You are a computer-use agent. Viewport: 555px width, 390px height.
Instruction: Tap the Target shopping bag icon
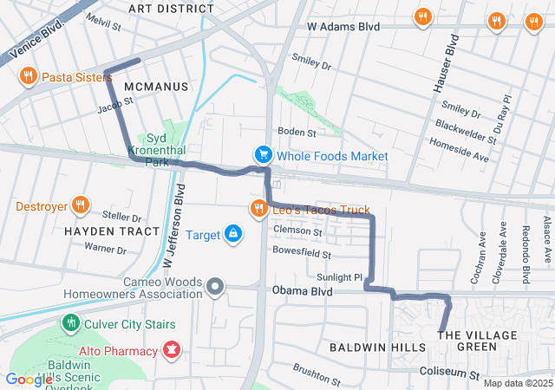pyautogui.click(x=233, y=234)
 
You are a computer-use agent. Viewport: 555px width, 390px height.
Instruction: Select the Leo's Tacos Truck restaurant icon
pyautogui.click(x=258, y=209)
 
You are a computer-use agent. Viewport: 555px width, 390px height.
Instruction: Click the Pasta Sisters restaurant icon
pyautogui.click(x=28, y=76)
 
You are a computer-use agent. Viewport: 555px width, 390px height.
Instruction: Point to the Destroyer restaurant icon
pyautogui.click(x=80, y=206)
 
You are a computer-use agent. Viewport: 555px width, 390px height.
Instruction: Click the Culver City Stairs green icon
pyautogui.click(x=71, y=324)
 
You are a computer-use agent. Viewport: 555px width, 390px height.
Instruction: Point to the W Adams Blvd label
pyautogui.click(x=343, y=27)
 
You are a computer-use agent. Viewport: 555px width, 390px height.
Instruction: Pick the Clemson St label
pyautogui.click(x=297, y=231)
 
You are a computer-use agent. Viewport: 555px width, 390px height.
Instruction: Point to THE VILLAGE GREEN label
pyautogui.click(x=467, y=341)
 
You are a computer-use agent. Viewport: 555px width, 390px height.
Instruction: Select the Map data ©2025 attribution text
pyautogui.click(x=517, y=383)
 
